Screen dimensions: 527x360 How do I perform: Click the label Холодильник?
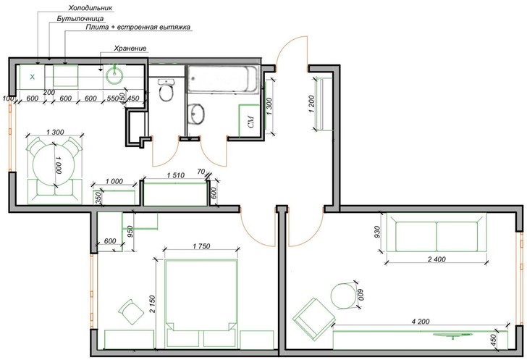[x=90, y=7]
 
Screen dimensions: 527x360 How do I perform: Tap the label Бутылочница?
[x=80, y=19]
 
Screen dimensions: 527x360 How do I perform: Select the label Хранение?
[x=130, y=49]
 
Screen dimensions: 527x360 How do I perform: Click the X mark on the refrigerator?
[x=33, y=77]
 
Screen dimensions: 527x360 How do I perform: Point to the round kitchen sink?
[x=115, y=75]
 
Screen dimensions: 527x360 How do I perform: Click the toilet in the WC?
[x=166, y=90]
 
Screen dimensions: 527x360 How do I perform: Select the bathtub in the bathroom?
[x=223, y=80]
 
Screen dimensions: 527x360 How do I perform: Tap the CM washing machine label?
[x=250, y=122]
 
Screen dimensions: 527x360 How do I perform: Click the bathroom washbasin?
[x=196, y=114]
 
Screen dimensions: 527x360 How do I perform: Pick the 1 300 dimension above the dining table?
[x=55, y=133]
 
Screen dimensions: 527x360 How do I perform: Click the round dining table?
[x=54, y=165]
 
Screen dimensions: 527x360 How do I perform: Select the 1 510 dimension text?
[x=176, y=175]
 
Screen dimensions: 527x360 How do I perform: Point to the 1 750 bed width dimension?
[x=201, y=246]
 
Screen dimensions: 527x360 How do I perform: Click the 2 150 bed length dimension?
[x=152, y=304]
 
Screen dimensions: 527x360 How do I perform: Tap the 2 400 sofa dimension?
[x=437, y=259]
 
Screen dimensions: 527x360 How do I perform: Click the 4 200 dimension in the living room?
[x=421, y=322]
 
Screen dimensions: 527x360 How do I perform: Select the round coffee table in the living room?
[x=343, y=296]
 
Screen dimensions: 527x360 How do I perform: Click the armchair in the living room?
[x=313, y=318]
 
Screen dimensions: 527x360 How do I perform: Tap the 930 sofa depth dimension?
[x=376, y=232]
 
